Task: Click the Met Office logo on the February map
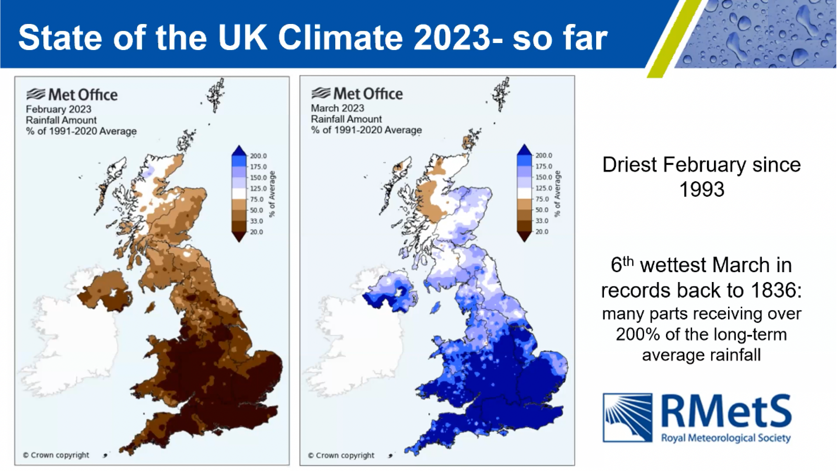coord(72,94)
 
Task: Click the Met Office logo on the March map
coord(357,93)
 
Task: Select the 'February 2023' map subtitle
coord(59,109)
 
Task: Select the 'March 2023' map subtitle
coord(337,108)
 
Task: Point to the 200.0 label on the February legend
coord(258,156)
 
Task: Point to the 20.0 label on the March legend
coord(542,232)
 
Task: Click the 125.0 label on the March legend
coord(544,188)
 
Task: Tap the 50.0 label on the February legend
coord(256,210)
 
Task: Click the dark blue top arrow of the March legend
coord(524,150)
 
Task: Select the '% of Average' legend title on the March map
coord(557,194)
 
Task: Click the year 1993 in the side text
coord(702,189)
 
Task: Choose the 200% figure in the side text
coord(638,334)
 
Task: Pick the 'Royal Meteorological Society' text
coord(726,438)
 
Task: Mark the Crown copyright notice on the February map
coord(56,455)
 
